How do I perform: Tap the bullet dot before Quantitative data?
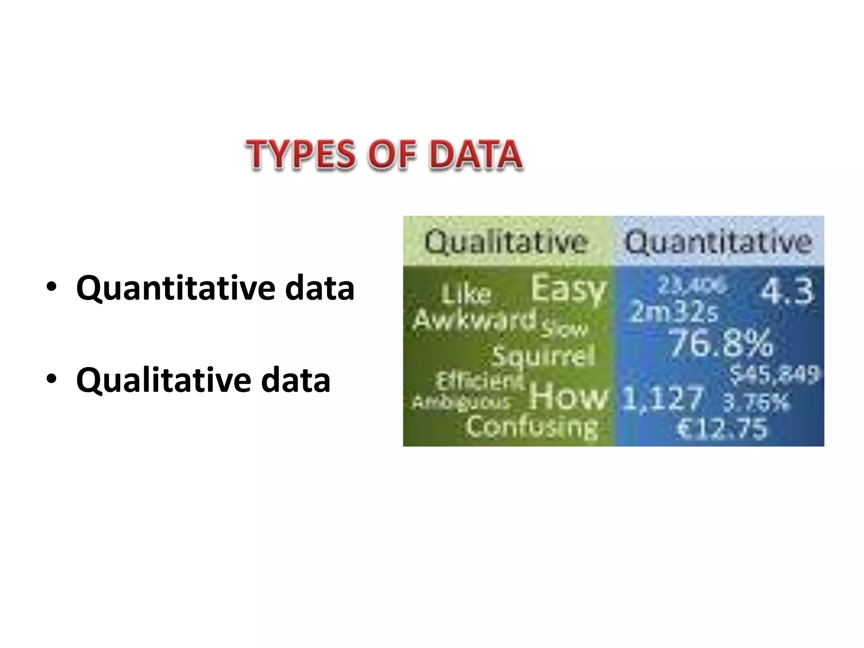[x=51, y=287]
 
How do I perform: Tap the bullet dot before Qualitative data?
[x=51, y=379]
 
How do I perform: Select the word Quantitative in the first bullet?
[x=175, y=289]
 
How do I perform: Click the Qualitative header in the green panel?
[x=506, y=242]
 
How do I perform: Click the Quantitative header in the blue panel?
[x=718, y=242]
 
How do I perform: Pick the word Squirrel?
[x=543, y=356]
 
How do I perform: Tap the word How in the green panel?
[x=568, y=396]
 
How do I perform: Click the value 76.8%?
[x=721, y=343]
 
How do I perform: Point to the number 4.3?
[x=787, y=291]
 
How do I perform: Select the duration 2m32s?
[x=673, y=312]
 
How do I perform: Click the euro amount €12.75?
[x=722, y=429]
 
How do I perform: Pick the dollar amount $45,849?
[x=775, y=374]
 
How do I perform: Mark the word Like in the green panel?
[x=467, y=294]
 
